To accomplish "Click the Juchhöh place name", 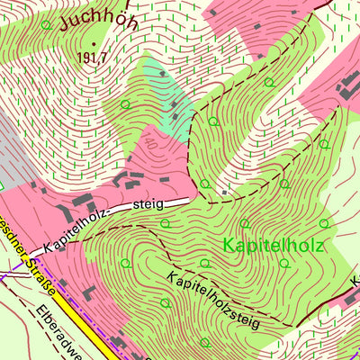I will [99, 19].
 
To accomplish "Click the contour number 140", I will [148, 144].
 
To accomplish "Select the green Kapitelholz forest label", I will [274, 245].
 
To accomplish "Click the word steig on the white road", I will [148, 205].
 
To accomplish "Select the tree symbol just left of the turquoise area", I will [124, 104].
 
